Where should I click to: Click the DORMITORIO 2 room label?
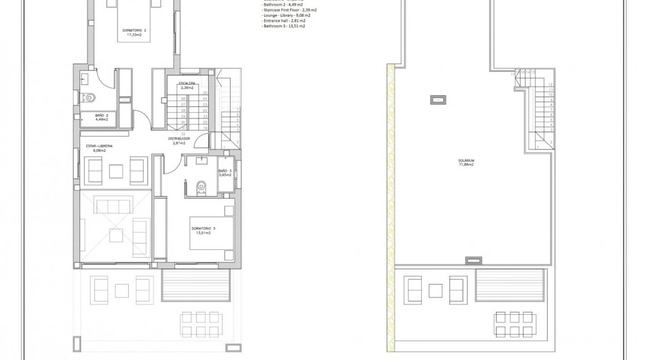tap(134, 31)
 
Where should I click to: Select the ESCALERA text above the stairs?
tap(187, 83)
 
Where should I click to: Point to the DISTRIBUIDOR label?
tap(179, 139)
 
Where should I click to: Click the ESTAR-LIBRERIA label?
tap(99, 146)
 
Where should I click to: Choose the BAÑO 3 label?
tap(225, 171)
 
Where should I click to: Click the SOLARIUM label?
tap(467, 160)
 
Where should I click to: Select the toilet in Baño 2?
tap(90, 96)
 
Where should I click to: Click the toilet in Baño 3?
tap(201, 186)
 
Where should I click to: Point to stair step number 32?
tap(183, 134)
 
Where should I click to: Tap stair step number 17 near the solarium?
tap(513, 72)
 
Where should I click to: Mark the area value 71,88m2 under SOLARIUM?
tap(467, 165)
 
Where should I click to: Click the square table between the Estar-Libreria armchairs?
tap(116, 171)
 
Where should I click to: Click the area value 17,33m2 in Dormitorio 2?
tap(134, 35)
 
